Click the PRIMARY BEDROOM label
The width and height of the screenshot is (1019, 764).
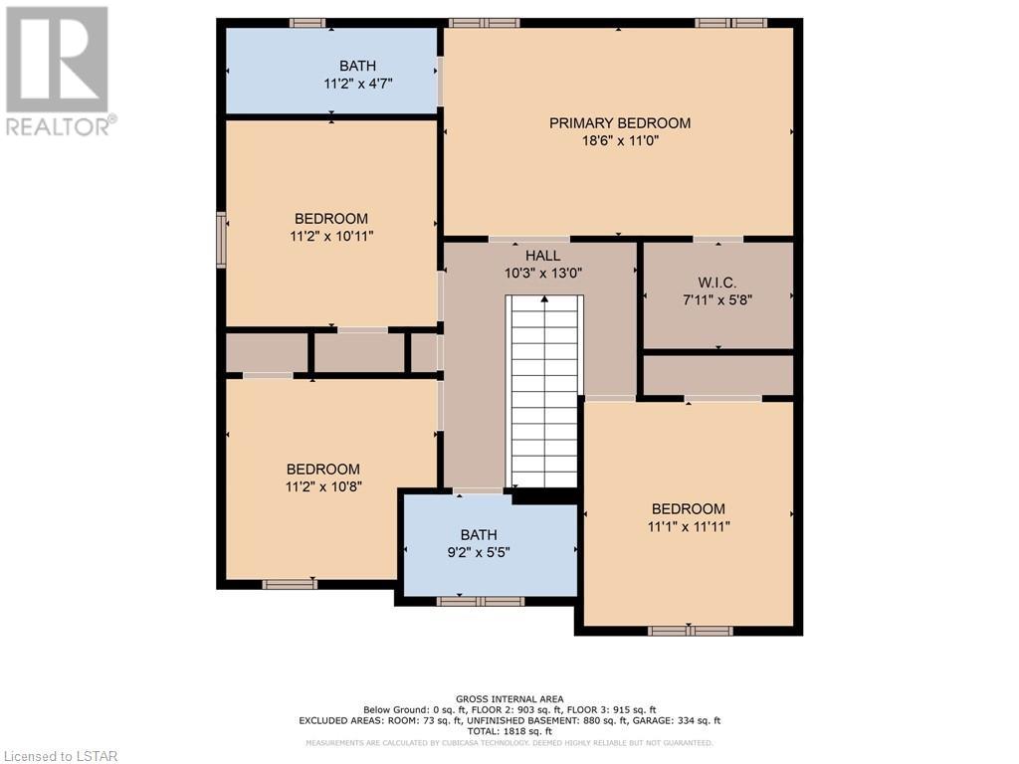(620, 122)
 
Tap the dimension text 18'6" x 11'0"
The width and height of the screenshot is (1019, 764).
(621, 141)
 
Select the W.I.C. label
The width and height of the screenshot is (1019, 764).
(717, 283)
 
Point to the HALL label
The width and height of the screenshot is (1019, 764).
(542, 256)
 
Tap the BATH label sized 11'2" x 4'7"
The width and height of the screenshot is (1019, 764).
(357, 66)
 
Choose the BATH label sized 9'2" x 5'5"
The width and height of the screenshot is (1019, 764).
(479, 534)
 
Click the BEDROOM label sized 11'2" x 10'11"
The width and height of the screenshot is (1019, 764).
(331, 218)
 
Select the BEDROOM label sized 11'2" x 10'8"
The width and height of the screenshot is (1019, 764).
(323, 470)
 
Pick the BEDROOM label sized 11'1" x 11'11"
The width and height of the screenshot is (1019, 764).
(689, 508)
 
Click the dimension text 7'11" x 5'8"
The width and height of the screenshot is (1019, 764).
(717, 300)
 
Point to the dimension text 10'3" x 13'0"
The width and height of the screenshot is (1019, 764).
(543, 273)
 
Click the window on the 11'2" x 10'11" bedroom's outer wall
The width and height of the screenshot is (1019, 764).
(221, 240)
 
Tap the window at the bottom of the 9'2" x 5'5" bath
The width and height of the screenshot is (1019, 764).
(481, 602)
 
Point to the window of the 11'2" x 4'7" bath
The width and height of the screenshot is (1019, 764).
(307, 23)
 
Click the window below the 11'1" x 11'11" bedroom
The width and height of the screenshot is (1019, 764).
(691, 631)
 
